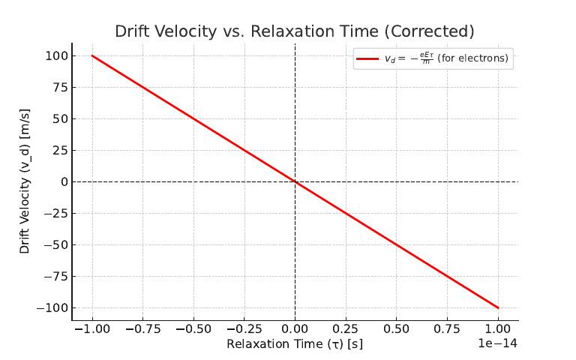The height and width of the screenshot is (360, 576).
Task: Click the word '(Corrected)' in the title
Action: tap(434, 31)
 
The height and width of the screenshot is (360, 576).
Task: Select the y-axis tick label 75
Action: tap(60, 88)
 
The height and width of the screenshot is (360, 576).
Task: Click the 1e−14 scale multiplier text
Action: tap(498, 343)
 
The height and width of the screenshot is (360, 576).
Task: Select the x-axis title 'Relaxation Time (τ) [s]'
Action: tap(295, 344)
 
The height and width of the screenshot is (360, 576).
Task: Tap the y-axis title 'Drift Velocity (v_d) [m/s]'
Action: tap(25, 182)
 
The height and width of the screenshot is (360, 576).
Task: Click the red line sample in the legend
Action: tap(367, 58)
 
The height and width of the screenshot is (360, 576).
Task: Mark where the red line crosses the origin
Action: tap(295, 181)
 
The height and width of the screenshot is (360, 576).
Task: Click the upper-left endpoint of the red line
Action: tap(92, 55)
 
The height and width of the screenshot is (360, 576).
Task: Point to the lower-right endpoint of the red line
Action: tap(498, 307)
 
